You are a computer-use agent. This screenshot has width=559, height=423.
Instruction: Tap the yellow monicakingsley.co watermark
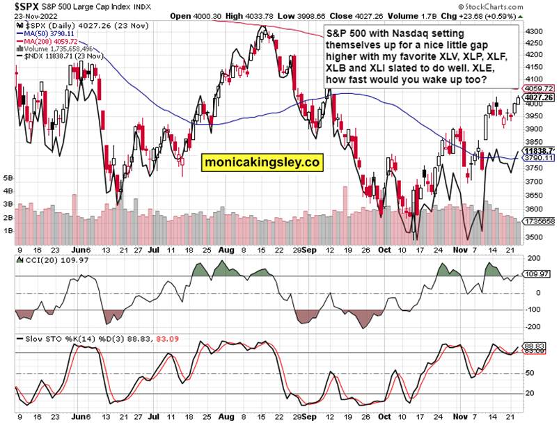262,162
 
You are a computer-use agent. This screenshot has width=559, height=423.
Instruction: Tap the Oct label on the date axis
384,248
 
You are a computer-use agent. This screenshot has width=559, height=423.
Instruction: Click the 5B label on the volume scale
8,179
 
